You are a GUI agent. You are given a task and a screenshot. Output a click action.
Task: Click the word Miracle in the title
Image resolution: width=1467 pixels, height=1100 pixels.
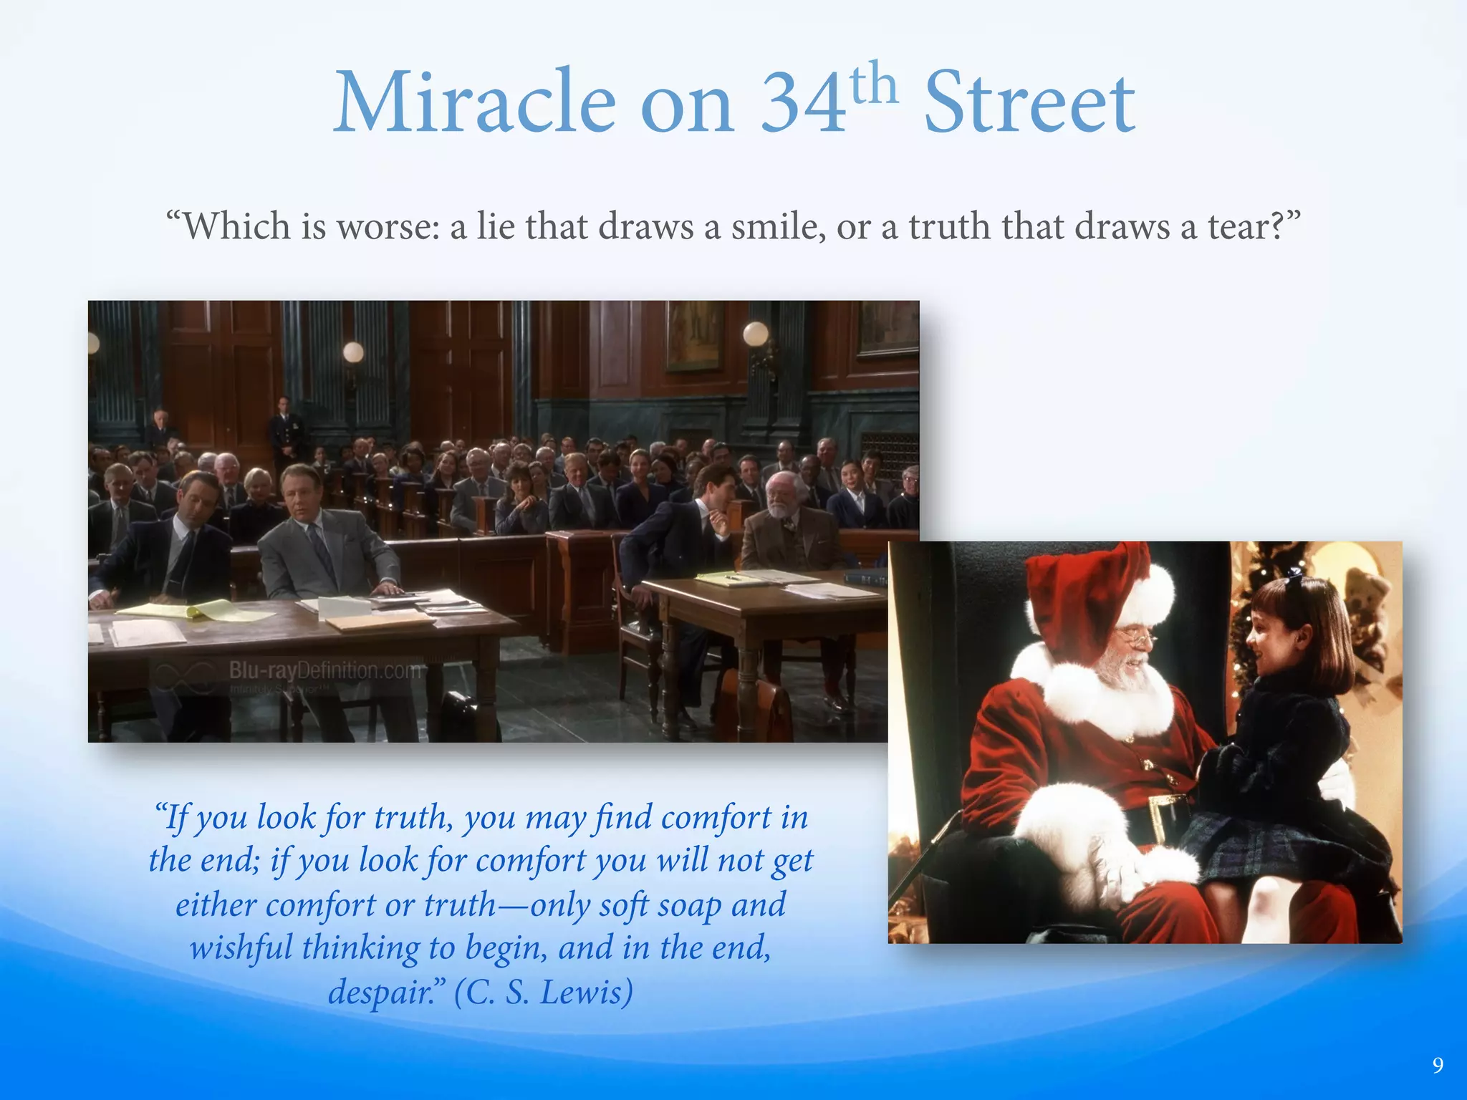coord(474,102)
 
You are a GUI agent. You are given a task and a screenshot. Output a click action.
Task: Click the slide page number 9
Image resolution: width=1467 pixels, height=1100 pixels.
coord(1437,1066)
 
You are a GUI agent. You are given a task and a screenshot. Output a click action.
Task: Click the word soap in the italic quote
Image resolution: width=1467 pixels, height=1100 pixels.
coord(688,904)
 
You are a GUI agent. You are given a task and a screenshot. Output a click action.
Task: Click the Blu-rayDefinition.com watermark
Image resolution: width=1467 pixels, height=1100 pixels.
coord(325,671)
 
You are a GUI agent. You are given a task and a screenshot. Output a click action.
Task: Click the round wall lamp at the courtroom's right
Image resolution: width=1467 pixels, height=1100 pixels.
coord(755,334)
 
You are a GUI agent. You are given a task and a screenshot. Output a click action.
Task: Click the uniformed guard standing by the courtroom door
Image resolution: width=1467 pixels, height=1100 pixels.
coord(285,430)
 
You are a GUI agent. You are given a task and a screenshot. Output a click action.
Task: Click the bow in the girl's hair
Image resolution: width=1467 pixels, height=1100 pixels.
coord(1294,573)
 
